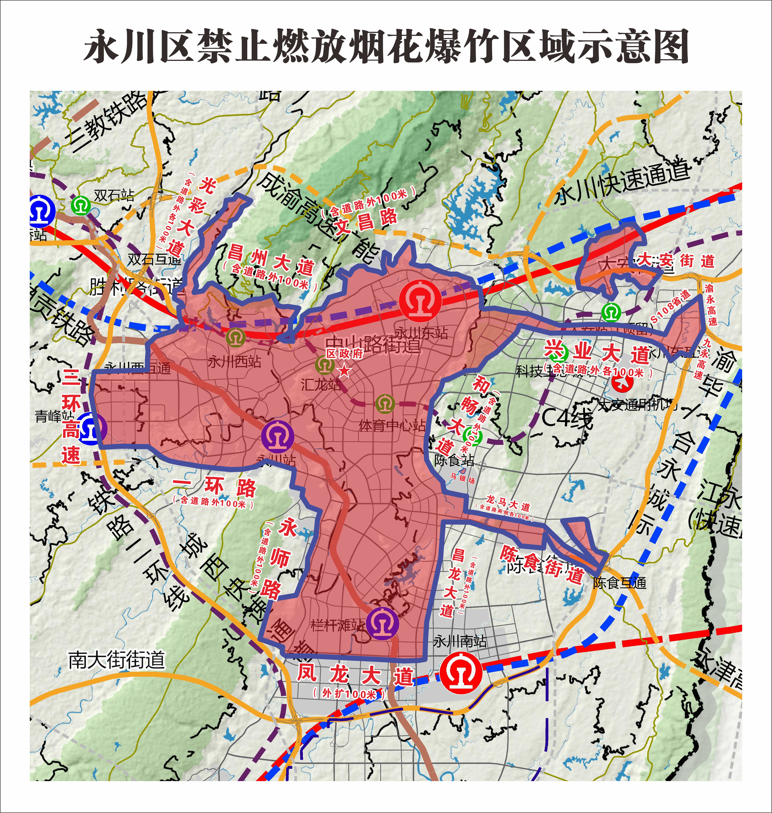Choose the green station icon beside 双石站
(x=81, y=205)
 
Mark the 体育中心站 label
(x=392, y=425)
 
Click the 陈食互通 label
(x=619, y=583)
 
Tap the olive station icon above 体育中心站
(x=385, y=404)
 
